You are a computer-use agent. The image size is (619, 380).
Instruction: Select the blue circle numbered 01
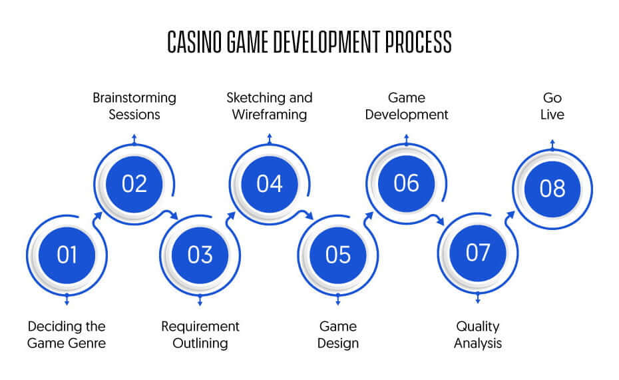coord(67,255)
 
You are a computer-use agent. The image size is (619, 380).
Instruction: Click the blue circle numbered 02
coord(134,184)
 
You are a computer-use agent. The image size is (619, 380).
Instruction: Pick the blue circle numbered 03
coord(200,255)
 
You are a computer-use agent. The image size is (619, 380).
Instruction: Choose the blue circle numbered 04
coord(270,184)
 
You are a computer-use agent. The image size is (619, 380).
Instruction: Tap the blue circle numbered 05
coord(338,255)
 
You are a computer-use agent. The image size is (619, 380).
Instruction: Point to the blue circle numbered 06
coord(406,183)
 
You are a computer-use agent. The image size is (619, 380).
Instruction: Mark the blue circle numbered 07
coord(478,253)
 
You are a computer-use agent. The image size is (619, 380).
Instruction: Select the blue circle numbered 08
coord(552,189)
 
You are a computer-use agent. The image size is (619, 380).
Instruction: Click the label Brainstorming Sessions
coord(134,106)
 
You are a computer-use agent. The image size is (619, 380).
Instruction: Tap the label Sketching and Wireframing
coord(270,106)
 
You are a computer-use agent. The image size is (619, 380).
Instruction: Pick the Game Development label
coord(407,106)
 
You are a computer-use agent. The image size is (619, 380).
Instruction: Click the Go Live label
coord(552,106)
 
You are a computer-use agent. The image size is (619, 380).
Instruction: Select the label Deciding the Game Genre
coord(67,335)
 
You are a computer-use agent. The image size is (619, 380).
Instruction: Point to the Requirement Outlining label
coord(200,335)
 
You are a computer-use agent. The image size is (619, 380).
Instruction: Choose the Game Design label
coord(338,335)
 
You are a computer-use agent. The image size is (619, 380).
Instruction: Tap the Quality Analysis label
coord(478,335)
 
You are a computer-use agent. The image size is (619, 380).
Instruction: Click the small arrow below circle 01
coord(67,299)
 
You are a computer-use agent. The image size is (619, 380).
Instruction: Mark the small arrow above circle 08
coord(552,145)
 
